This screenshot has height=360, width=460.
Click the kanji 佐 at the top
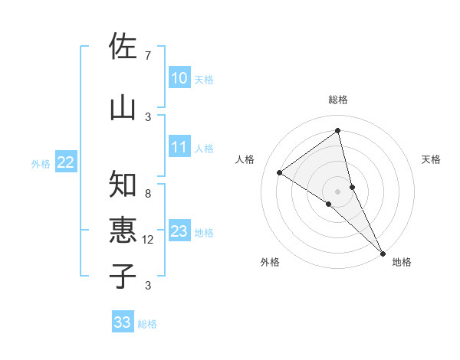[x=123, y=47]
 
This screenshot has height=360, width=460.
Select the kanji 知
[x=123, y=185]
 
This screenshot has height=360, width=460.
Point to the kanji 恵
[x=123, y=231]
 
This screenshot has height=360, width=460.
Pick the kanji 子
[x=123, y=275]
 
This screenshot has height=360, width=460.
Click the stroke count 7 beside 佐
[x=147, y=56]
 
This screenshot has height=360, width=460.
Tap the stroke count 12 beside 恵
[x=148, y=240]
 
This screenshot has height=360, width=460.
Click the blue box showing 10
[x=179, y=78]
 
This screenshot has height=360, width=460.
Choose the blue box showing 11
[x=179, y=147]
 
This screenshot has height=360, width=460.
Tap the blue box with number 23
[x=179, y=231]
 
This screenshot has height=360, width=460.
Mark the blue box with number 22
[x=66, y=162]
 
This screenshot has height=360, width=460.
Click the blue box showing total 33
[x=123, y=322]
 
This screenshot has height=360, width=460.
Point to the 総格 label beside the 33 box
[x=147, y=324]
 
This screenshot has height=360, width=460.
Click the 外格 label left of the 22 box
[x=41, y=163]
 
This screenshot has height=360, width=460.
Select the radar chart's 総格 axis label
[x=338, y=100]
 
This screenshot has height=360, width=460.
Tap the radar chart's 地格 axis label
[x=402, y=262]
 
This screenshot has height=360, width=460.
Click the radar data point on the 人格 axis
[x=279, y=172]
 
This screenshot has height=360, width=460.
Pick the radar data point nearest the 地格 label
[x=382, y=252]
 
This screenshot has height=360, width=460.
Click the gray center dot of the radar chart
[x=338, y=190]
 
